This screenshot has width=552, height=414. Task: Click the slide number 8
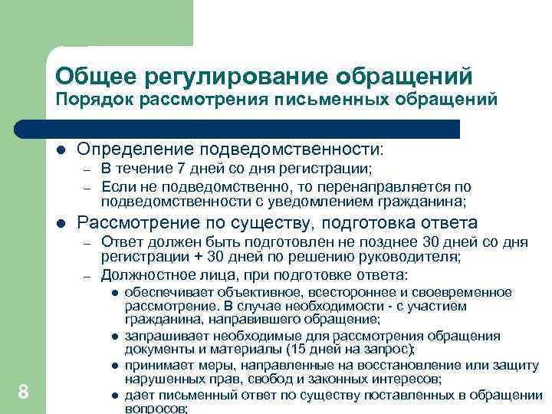click(23, 393)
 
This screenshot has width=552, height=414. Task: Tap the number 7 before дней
click(173, 169)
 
